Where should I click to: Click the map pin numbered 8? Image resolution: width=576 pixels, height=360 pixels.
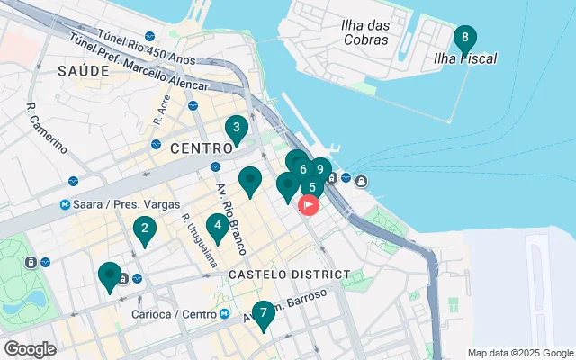464,39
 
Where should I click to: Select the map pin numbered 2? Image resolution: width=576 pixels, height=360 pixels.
144,229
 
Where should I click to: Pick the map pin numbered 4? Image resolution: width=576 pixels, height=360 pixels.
217,226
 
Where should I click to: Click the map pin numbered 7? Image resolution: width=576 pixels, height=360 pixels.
263,314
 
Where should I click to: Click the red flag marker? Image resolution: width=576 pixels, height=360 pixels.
308,205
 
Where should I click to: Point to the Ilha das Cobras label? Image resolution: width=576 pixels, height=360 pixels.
365,32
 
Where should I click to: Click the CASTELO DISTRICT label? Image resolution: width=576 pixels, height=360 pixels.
289,274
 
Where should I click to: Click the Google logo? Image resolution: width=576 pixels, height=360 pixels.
30,348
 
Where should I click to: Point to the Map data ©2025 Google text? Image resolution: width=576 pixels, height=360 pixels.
519,353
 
